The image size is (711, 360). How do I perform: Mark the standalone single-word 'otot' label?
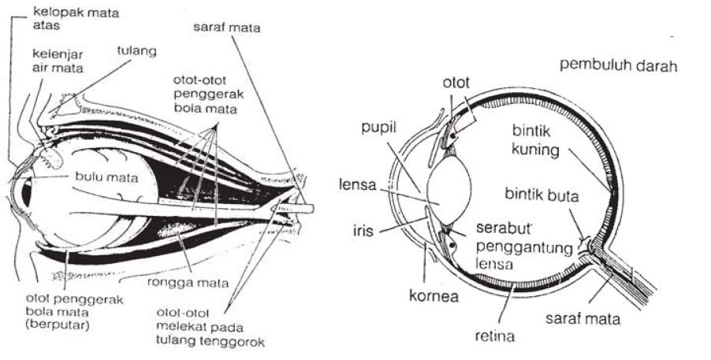455,80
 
